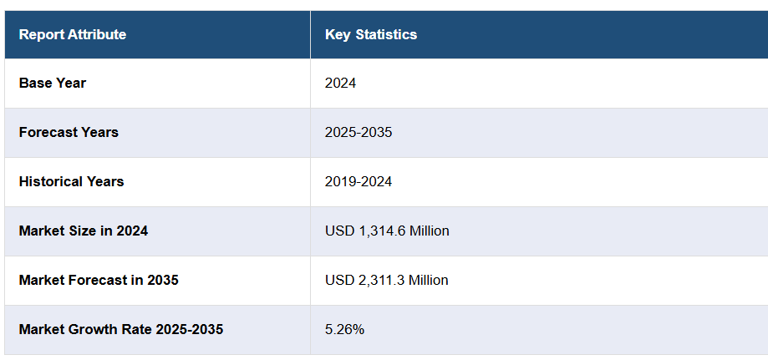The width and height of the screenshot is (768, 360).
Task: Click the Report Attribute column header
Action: point(73,34)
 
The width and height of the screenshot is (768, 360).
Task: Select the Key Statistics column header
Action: point(371,34)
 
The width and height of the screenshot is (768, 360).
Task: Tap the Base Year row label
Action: point(53,83)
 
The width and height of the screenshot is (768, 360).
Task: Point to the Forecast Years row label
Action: point(69,132)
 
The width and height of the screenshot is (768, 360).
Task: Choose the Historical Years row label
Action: point(71,181)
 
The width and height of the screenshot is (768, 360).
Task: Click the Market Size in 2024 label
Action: point(84,231)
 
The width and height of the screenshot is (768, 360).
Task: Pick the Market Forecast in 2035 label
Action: point(99,280)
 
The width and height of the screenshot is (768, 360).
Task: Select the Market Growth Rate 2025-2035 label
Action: point(121,329)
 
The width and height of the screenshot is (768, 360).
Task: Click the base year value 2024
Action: point(341,83)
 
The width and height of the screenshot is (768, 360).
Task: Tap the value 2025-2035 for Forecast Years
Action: point(359,132)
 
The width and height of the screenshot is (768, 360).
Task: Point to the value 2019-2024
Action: point(359,181)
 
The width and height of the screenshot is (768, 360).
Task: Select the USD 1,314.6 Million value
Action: point(387,231)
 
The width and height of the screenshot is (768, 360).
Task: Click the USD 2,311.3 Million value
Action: point(387,280)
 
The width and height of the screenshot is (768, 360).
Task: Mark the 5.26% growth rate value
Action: point(344,329)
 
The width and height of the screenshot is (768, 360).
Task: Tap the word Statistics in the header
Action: point(386,34)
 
